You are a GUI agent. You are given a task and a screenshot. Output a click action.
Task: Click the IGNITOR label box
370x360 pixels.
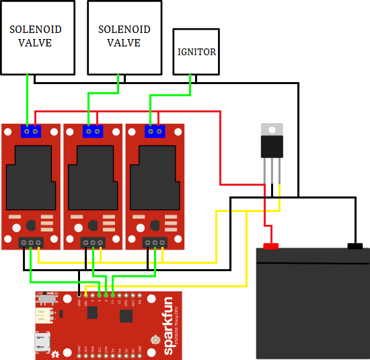pyautogui.click(x=196, y=51)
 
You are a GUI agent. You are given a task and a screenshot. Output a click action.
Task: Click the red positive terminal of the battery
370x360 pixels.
pyautogui.click(x=270, y=246)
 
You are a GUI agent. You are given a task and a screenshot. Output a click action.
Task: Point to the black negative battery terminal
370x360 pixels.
pyautogui.click(x=355, y=246)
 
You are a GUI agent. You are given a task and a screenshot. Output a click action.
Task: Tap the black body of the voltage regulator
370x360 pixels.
pyautogui.click(x=272, y=146)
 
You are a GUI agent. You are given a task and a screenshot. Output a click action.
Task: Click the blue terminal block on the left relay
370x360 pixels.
pyautogui.click(x=31, y=131)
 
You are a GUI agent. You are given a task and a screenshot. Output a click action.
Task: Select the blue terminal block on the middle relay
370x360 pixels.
pyautogui.click(x=93, y=131)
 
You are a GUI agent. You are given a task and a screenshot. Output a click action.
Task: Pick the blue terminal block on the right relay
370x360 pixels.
pyautogui.click(x=155, y=131)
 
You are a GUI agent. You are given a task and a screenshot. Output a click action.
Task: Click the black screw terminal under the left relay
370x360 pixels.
pyautogui.click(x=31, y=242)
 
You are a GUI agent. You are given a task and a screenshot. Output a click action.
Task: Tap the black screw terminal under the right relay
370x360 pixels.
pyautogui.click(x=155, y=242)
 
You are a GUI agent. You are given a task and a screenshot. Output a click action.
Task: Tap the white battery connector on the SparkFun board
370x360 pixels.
pyautogui.click(x=46, y=316)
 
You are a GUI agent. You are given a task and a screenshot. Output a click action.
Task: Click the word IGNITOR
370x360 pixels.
pyautogui.click(x=196, y=52)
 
